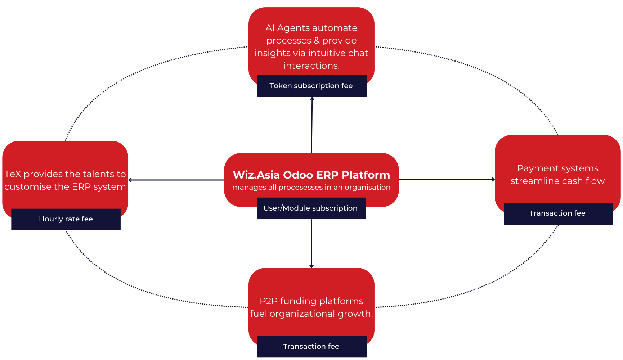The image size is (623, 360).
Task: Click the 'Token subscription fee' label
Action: tap(311, 86)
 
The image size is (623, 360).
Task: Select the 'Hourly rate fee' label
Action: tap(66, 219)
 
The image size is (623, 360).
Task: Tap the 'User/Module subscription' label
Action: tap(310, 208)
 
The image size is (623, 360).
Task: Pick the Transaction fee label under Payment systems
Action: tap(557, 213)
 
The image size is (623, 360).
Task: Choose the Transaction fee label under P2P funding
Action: tap(311, 346)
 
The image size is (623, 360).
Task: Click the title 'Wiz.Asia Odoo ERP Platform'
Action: tap(311, 175)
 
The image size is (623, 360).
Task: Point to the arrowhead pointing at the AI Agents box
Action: tap(312, 99)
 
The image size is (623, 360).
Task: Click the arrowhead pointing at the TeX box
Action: tap(130, 180)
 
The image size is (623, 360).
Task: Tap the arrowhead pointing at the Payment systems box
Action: tap(493, 179)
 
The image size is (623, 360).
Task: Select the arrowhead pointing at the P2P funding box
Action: tap(311, 266)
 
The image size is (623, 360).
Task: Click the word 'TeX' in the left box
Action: tap(13, 174)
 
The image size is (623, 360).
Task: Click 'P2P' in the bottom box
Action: tap(268, 301)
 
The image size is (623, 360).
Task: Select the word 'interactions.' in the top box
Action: tap(311, 66)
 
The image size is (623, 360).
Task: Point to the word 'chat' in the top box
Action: tap(358, 53)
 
